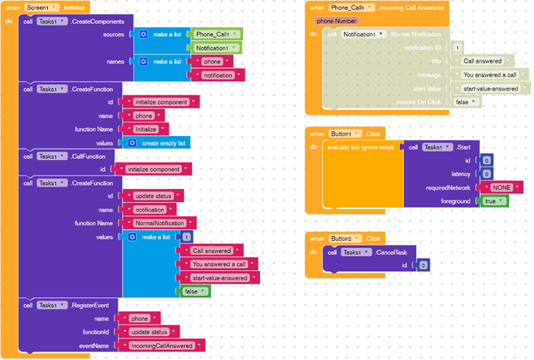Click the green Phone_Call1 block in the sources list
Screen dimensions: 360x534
coord(217,35)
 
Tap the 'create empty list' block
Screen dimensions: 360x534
coord(162,143)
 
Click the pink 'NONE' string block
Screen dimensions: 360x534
coord(501,187)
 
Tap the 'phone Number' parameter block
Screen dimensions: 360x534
coord(337,21)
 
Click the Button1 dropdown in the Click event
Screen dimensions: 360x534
coord(345,133)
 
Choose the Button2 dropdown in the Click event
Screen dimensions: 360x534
coord(345,238)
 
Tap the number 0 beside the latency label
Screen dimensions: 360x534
coord(486,173)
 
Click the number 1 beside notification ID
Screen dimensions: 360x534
coord(457,48)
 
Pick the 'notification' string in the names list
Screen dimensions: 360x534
coord(218,75)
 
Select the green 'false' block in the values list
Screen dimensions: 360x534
coord(194,291)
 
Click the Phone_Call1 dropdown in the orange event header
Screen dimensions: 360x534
coord(352,7)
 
